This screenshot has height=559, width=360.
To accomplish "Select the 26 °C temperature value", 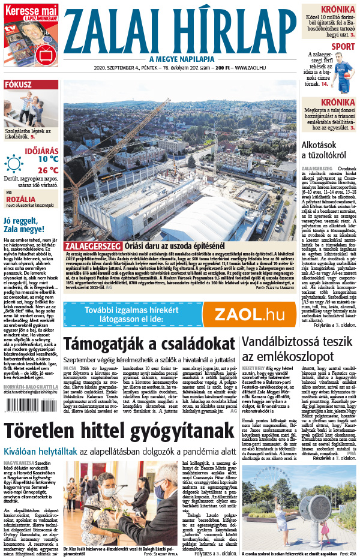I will [47, 170].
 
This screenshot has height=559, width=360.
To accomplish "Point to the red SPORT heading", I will [343, 46].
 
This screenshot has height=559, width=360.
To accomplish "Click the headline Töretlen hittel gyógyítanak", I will [120, 431].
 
